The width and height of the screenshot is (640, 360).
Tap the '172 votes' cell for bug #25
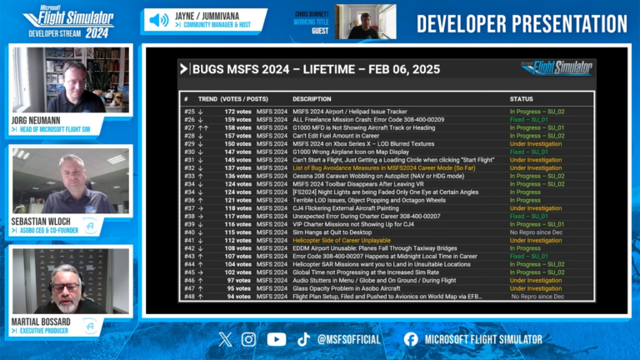237,111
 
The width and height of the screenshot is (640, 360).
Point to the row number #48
189,296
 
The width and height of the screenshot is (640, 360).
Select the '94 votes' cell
238,296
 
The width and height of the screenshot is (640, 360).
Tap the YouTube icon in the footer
277,339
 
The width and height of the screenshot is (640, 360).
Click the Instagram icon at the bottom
248,339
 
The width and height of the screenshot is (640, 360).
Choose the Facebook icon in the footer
411,339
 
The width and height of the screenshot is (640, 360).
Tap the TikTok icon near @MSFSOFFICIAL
303,339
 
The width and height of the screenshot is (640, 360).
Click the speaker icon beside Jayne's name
158,20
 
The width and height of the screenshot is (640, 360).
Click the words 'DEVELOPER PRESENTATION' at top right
522,23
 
